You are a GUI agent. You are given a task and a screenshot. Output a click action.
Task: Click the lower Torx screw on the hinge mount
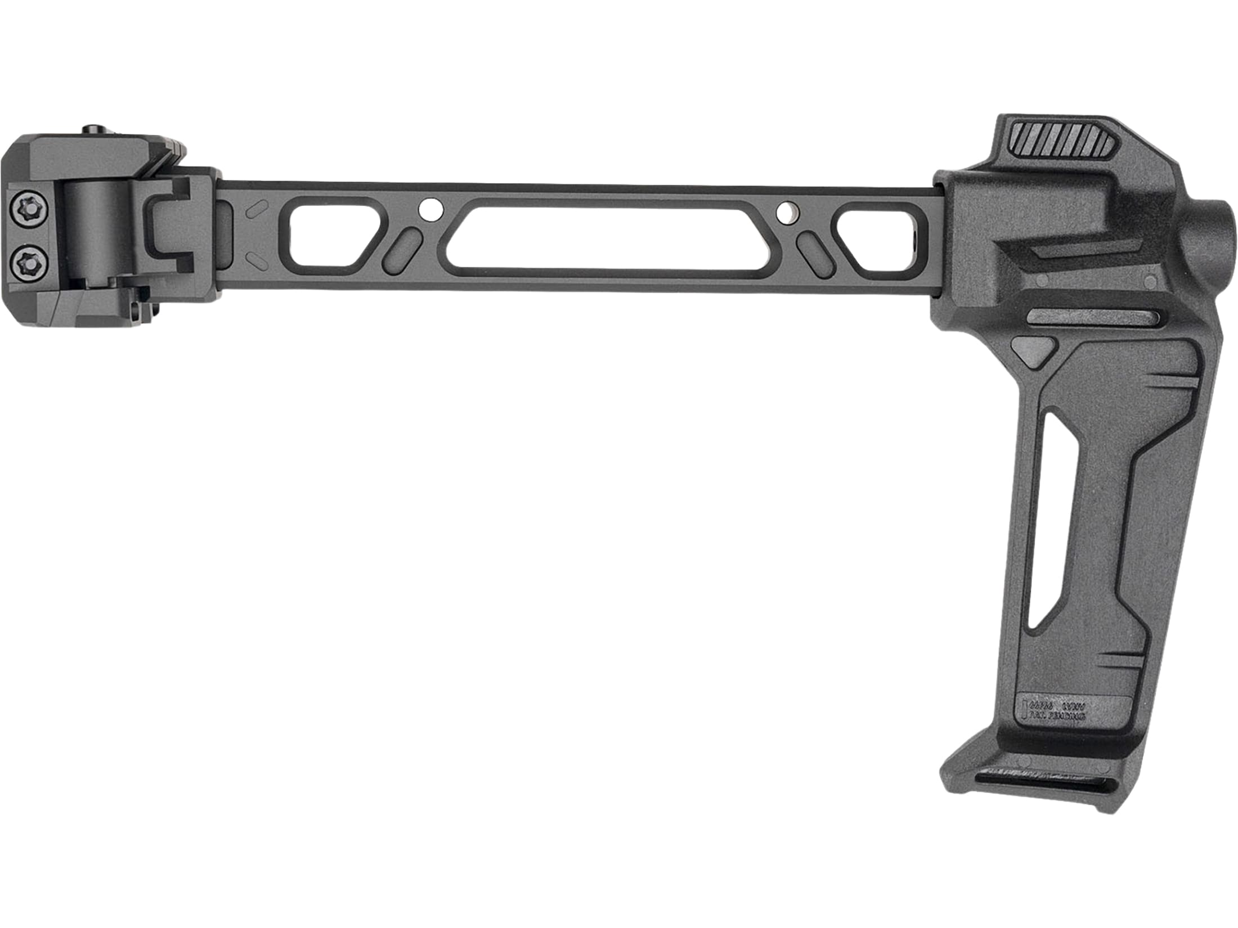point(26,260)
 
